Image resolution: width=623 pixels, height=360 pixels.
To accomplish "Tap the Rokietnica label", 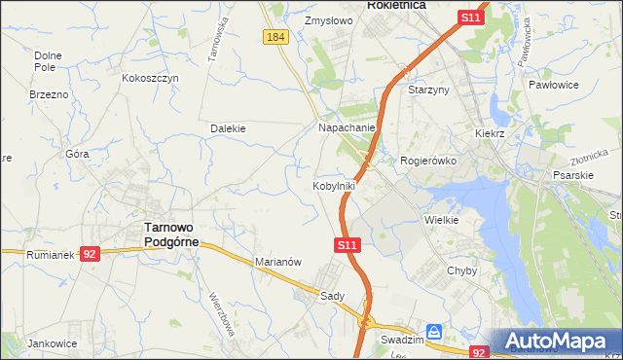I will [397, 5].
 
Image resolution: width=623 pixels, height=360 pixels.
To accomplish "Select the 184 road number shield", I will [275, 36].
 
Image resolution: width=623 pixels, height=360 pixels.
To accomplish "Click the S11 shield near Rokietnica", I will [471, 18].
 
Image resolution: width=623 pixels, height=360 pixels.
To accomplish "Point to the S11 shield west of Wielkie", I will [348, 247].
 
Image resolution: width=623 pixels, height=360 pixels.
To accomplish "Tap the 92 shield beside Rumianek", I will [90, 253].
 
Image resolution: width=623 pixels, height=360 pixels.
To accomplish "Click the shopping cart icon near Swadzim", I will [434, 332].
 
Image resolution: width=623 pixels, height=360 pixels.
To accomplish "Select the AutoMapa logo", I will [558, 342].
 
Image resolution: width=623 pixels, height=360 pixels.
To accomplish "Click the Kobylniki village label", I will [334, 185].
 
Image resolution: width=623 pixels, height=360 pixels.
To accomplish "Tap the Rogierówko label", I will [428, 161].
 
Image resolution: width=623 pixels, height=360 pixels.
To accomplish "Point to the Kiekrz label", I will [493, 132].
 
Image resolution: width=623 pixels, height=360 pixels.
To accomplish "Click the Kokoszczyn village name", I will [151, 78].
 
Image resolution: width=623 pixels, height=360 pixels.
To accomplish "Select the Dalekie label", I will [228, 127].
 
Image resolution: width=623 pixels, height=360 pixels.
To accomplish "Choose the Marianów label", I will [280, 262].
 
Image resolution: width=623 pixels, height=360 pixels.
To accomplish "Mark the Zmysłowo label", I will [326, 19].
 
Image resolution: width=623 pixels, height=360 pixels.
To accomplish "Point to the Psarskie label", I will [572, 175].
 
